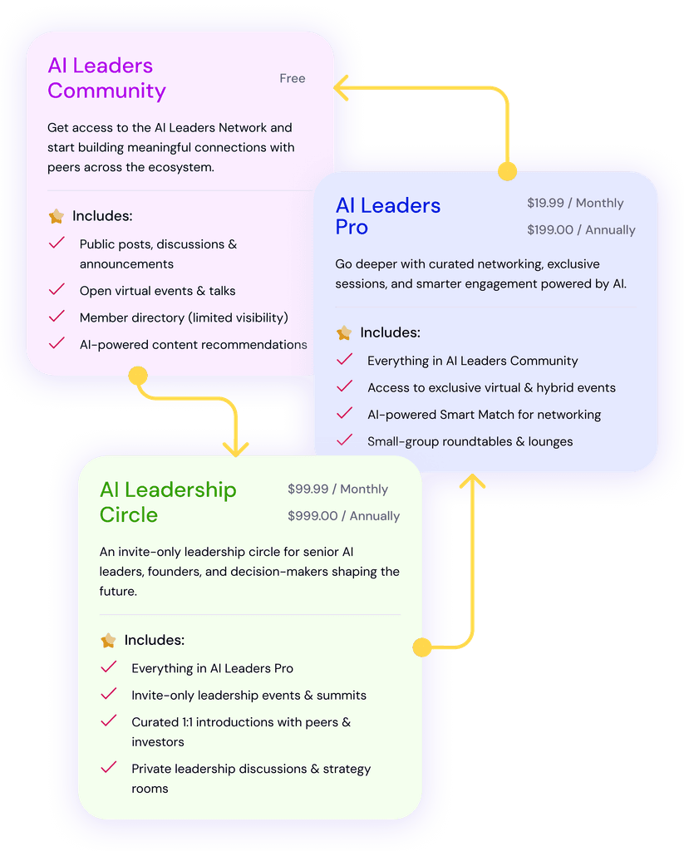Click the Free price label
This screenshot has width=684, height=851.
point(293,79)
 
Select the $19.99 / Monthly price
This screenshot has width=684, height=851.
point(575,203)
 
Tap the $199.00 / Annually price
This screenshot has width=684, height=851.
point(581,230)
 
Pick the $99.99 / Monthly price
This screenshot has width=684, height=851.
point(337,489)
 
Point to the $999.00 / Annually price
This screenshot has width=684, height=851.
point(343,516)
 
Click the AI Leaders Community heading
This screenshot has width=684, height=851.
point(106,78)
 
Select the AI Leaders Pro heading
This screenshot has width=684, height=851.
point(387,216)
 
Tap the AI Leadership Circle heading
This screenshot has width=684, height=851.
point(168,502)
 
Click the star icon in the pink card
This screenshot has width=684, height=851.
point(57,217)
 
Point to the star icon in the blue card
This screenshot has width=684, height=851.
point(344,333)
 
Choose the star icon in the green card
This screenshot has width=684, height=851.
point(108,641)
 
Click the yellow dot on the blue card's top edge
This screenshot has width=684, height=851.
point(506,172)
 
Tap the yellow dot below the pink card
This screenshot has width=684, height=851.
point(138,376)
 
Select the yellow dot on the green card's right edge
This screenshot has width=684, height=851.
point(422,647)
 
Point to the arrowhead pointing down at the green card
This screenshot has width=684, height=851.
point(236,448)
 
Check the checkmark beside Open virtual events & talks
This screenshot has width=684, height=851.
point(57,290)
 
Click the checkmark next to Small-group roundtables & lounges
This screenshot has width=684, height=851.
point(344,440)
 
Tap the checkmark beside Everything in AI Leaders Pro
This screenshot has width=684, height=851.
point(108,667)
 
